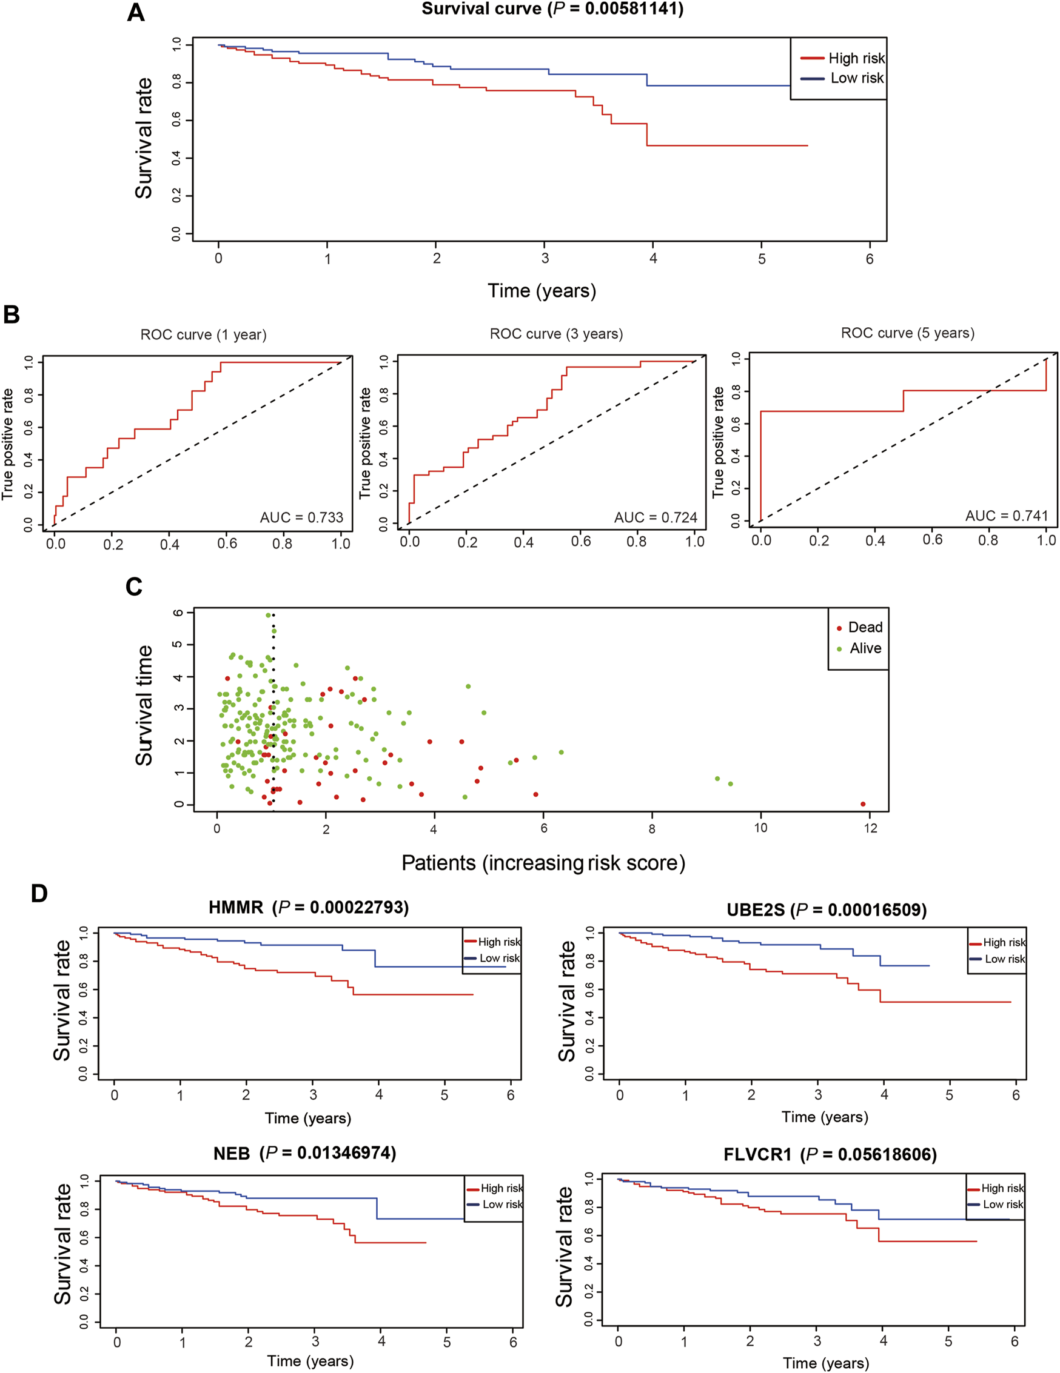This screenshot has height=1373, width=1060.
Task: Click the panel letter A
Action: (136, 13)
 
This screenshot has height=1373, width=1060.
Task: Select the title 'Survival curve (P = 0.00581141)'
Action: (552, 9)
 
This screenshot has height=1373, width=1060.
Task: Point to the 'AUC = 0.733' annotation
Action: (302, 517)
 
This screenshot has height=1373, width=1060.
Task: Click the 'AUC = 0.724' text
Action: (656, 517)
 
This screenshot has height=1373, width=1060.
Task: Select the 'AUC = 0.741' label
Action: (1007, 516)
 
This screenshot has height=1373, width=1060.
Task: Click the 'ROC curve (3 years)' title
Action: (556, 334)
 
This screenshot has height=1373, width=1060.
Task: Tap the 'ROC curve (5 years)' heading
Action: (907, 333)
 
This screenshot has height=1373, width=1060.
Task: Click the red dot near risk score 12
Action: (862, 804)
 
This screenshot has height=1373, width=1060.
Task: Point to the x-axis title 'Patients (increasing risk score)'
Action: (543, 863)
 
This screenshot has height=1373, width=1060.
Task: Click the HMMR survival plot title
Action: (308, 908)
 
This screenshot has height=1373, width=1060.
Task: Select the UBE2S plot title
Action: (827, 909)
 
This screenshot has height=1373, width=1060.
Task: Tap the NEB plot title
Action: (304, 1153)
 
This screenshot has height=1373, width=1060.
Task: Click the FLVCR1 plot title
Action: (830, 1154)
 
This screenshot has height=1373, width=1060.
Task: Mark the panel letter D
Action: (39, 893)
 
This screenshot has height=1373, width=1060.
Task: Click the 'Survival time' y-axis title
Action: (144, 705)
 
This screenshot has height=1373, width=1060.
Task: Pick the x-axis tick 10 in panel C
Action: (760, 828)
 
